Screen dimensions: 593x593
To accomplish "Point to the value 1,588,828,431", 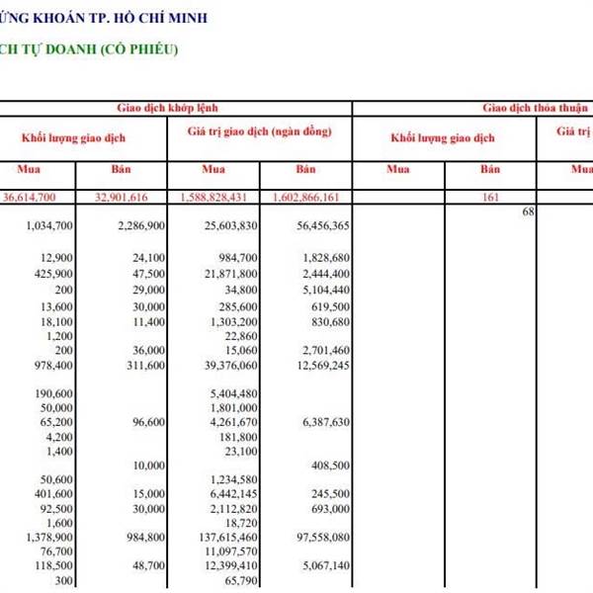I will pyautogui.click(x=218, y=198).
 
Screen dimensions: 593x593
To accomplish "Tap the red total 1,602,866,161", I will pyautogui.click(x=309, y=198).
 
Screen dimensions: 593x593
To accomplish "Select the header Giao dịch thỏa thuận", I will pyautogui.click(x=535, y=108).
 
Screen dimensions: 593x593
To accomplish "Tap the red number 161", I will pyautogui.click(x=490, y=198).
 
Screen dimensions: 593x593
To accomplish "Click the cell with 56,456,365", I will pyautogui.click(x=321, y=226).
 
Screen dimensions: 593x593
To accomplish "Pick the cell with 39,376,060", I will pyautogui.click(x=229, y=365).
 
